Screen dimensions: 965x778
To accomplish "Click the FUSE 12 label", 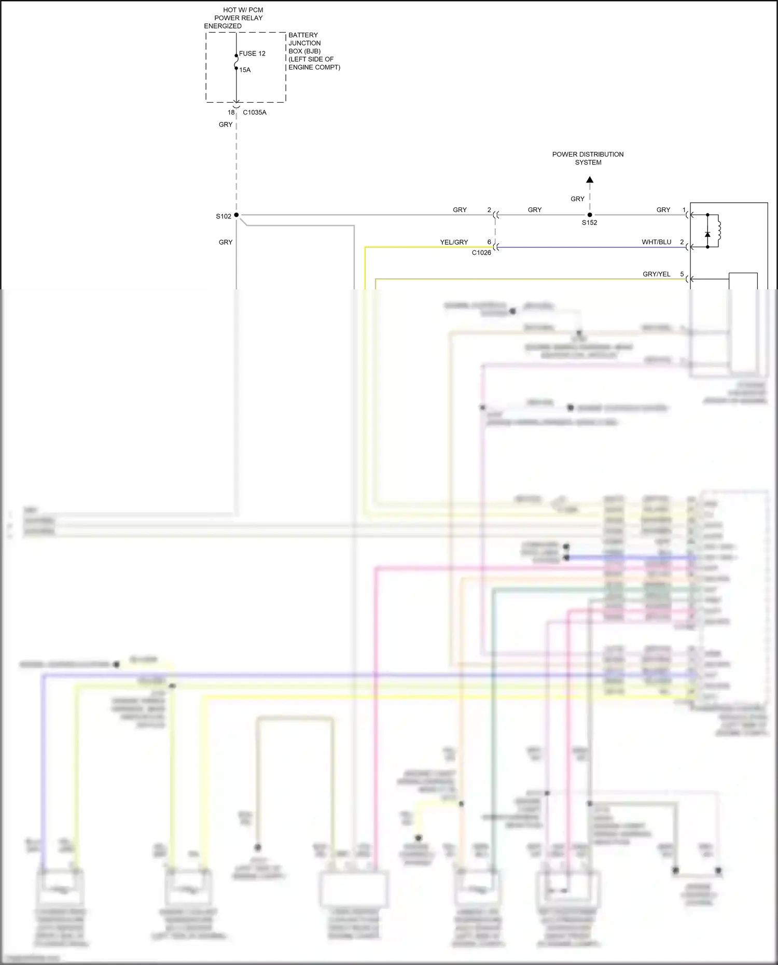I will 252,53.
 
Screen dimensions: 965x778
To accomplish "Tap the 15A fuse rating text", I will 245,70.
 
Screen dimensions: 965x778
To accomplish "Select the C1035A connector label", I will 255,113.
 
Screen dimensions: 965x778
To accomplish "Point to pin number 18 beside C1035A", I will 231,113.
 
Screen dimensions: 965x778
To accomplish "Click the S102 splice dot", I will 237,215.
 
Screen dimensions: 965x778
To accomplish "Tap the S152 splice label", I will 589,223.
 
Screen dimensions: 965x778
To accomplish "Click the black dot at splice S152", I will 590,215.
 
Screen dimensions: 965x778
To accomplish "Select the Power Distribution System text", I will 588,158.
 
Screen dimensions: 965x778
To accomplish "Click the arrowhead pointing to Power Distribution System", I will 590,180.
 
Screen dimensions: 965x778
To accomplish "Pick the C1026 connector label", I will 481,253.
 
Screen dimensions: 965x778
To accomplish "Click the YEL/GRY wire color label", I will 454,242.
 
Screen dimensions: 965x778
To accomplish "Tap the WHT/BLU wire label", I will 656,242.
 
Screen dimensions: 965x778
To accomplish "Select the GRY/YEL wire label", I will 656,274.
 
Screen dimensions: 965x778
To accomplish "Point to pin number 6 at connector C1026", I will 489,242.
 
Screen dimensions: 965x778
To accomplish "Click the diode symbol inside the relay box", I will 707,234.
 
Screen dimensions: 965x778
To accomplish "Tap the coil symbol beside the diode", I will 719,230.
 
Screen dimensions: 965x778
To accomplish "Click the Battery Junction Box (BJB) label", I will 314,51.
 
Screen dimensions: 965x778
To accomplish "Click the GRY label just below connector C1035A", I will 226,125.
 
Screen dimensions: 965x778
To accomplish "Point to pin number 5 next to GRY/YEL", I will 682,274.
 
